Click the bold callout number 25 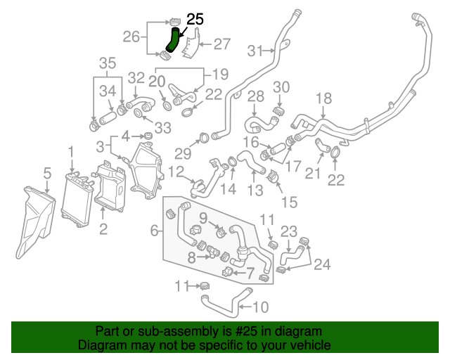(195, 19)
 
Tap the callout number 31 (255, 50)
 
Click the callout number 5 (46, 172)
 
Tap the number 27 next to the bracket (221, 44)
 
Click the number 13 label (255, 189)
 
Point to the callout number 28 (255, 96)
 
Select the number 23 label (289, 231)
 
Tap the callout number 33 (163, 127)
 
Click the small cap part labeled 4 (148, 135)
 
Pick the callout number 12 (176, 172)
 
